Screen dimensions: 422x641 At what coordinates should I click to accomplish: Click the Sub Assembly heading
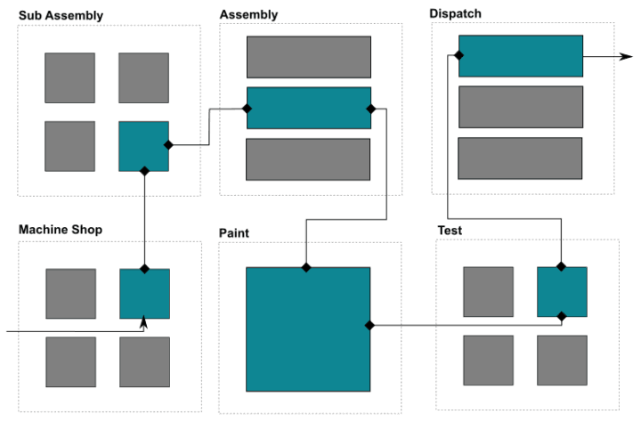[61, 15]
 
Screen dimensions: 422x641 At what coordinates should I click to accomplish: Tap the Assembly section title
[248, 14]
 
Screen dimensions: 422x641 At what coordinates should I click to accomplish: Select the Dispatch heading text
[457, 13]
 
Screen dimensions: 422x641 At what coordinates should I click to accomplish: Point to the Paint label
[233, 233]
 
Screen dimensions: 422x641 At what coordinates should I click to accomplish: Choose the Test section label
[450, 231]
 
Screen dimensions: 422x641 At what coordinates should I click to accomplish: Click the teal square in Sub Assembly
[143, 146]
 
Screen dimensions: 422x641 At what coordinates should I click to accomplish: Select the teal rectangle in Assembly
[308, 108]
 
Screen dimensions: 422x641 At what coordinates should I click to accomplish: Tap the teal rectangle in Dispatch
[520, 56]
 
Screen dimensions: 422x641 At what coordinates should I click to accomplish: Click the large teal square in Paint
[308, 329]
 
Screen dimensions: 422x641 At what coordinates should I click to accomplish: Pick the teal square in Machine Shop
[144, 294]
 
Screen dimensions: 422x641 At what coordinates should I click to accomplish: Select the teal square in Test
[562, 291]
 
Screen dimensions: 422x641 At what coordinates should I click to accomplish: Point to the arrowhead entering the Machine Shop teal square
[143, 323]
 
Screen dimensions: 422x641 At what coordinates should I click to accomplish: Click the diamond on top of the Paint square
[305, 267]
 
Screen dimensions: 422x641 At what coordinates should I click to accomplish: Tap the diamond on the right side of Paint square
[369, 325]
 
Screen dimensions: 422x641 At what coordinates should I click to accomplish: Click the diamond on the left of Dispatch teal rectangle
[458, 56]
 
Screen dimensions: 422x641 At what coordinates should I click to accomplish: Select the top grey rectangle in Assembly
[308, 57]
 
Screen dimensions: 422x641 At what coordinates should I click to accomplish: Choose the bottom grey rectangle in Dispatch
[520, 158]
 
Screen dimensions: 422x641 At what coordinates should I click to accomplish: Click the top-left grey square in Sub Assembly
[70, 77]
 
